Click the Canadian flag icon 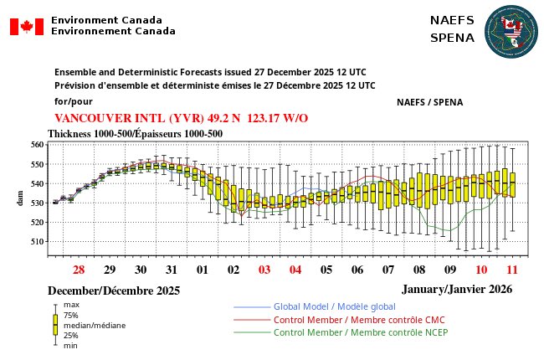point(26,26)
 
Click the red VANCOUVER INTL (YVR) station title point(181,118)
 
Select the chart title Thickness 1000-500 point(135,133)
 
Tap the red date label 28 point(79,270)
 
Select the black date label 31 point(171,270)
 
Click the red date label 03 point(264,270)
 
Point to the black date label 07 point(388,270)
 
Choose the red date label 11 point(511,270)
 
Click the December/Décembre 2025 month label point(114,291)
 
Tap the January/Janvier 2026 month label point(456,288)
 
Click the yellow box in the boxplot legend point(55,325)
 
